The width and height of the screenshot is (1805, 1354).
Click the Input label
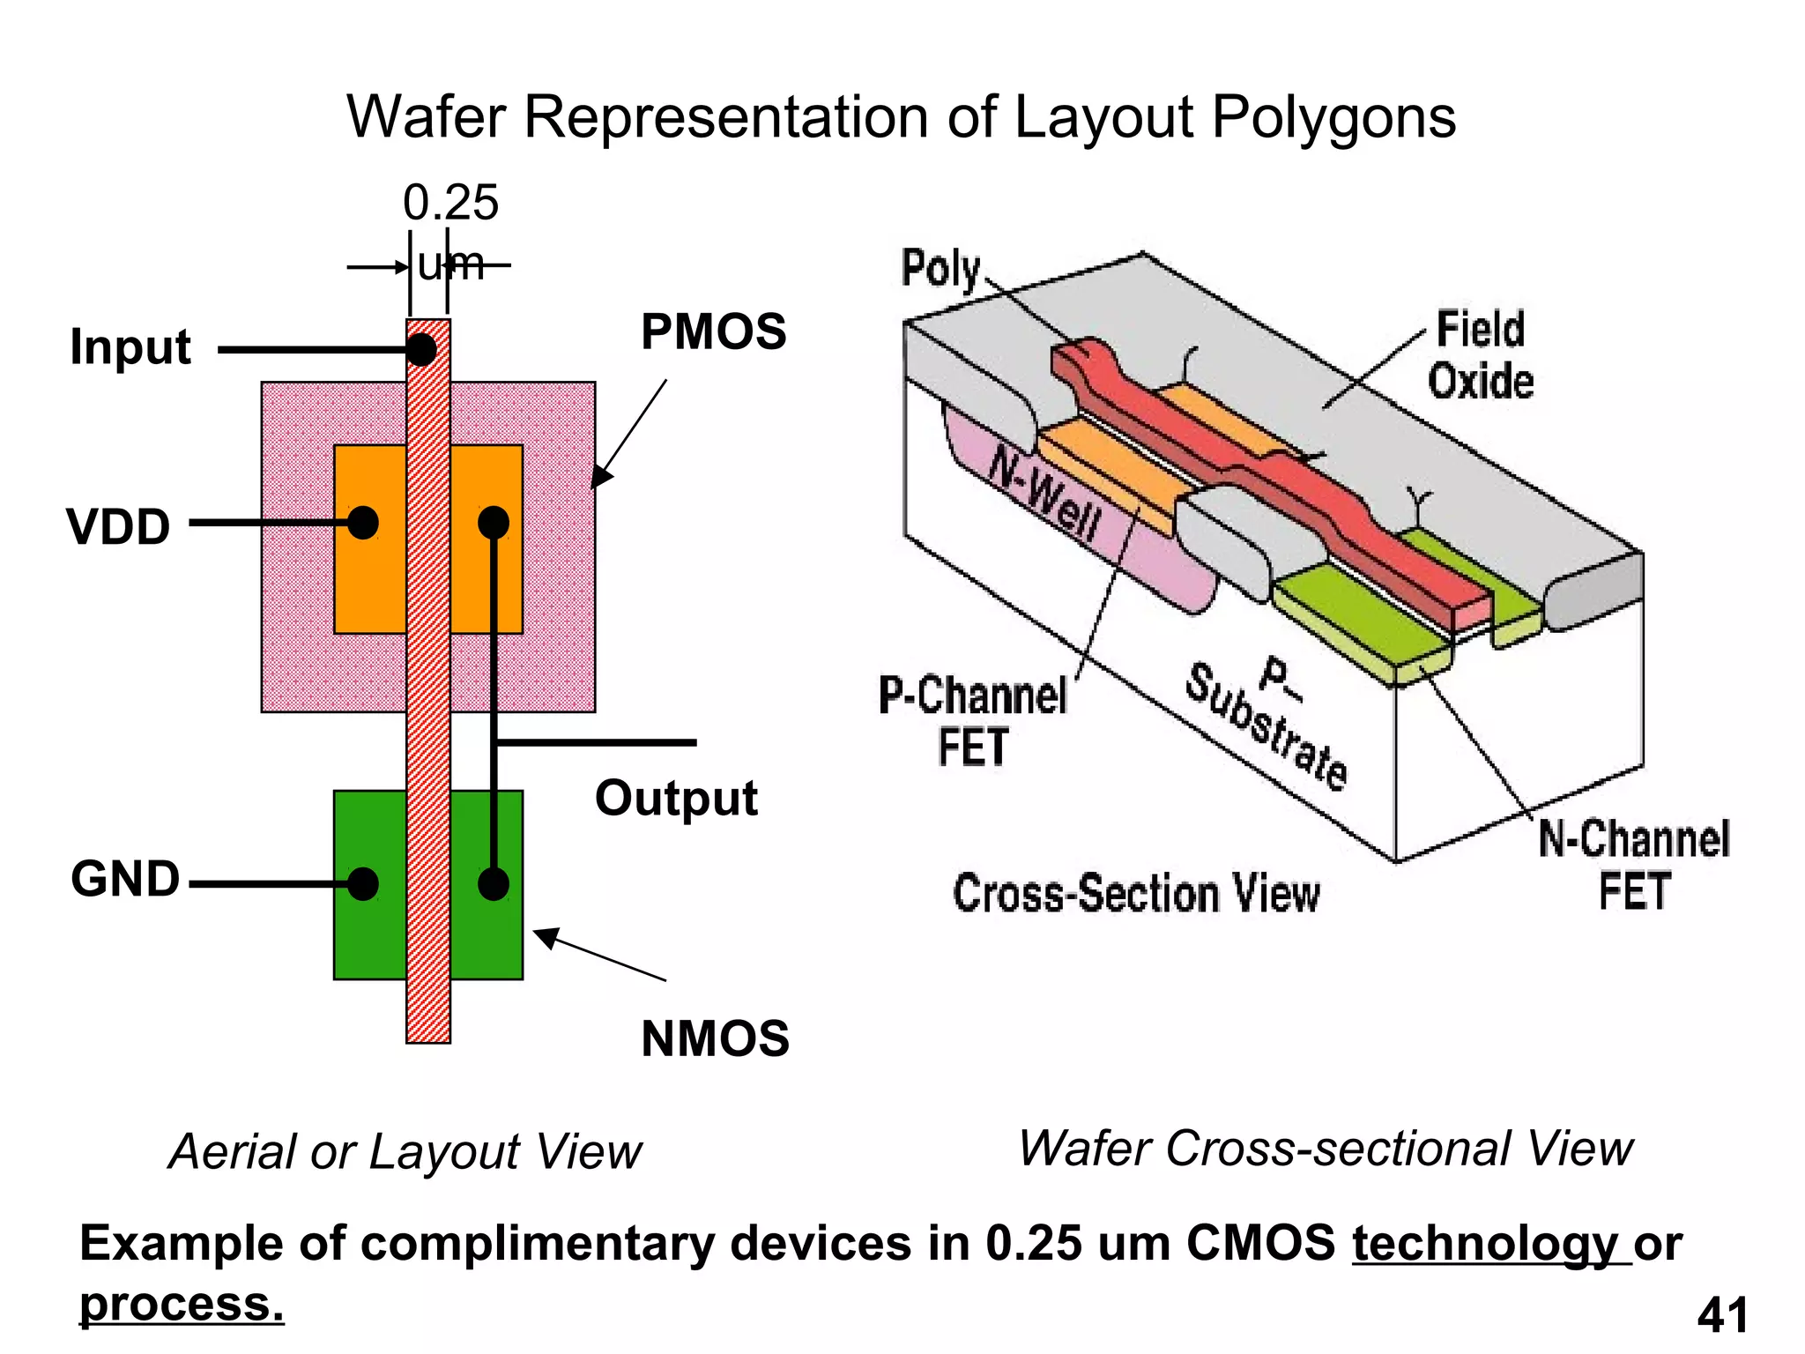click(x=130, y=346)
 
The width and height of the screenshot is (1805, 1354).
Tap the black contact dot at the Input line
click(x=421, y=349)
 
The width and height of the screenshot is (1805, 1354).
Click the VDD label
click(x=118, y=527)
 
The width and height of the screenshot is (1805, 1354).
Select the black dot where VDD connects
click(x=363, y=523)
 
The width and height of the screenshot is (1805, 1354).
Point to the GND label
click(x=125, y=880)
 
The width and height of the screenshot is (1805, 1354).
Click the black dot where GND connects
click(x=363, y=883)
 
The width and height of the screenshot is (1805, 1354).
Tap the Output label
click(x=676, y=799)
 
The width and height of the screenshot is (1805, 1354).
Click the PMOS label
click(x=713, y=332)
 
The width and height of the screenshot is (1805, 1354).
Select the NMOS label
click(x=715, y=1038)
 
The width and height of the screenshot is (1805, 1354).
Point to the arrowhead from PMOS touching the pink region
click(x=599, y=479)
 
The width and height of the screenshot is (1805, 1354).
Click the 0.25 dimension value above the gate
click(x=450, y=203)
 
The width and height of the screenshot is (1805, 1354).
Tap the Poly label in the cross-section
click(x=940, y=268)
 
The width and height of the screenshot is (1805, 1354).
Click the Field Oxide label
click(x=1481, y=355)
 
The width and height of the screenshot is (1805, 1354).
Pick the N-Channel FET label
click(x=1634, y=864)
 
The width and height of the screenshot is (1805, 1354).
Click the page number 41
click(x=1722, y=1316)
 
